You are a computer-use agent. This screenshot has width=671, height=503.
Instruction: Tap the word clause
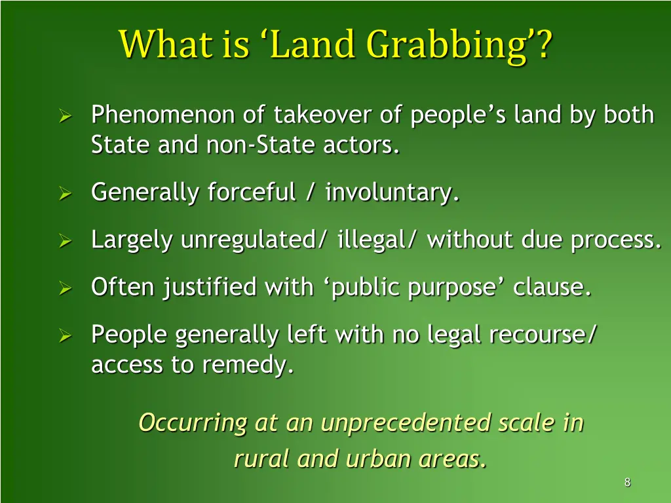coord(552,287)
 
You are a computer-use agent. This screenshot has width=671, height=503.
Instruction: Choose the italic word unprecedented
coord(406,422)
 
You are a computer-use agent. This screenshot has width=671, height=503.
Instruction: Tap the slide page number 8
coord(627,483)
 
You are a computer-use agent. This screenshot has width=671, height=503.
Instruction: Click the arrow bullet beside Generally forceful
coord(65,193)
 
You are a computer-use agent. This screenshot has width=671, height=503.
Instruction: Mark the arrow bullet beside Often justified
coord(65,288)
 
